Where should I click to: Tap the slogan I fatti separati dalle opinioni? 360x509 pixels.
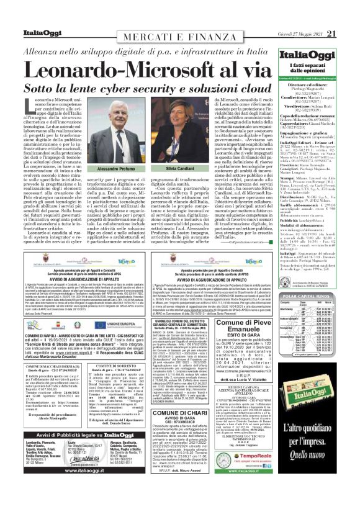click(314, 59)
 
